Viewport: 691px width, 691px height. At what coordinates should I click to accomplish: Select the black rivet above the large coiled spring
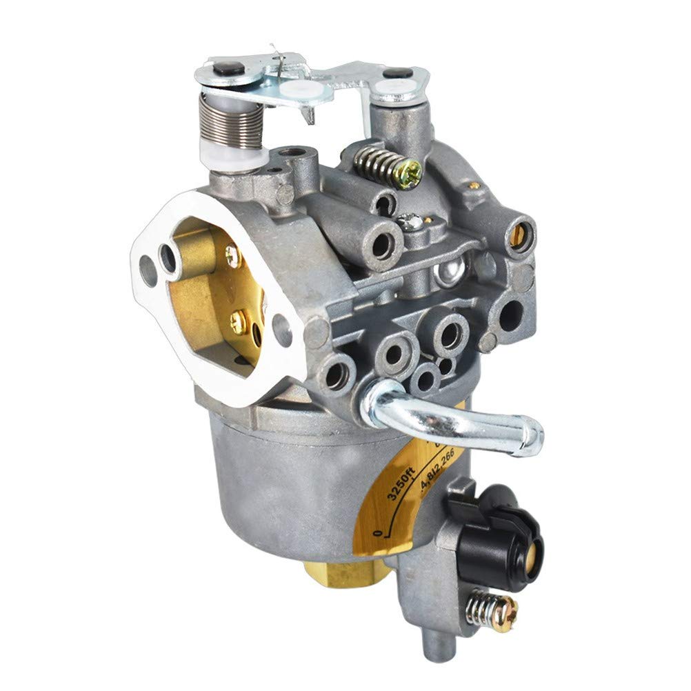click(230, 68)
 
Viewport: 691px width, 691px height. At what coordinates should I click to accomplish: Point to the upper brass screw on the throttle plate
click(232, 257)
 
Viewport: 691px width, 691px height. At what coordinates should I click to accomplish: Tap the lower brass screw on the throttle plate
click(238, 318)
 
